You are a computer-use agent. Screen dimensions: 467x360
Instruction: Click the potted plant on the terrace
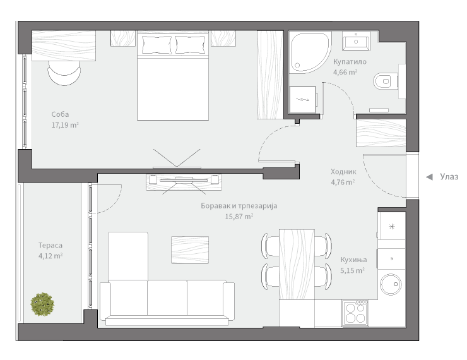pyautogui.click(x=42, y=304)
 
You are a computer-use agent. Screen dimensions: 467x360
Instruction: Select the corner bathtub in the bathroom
pyautogui.click(x=310, y=53)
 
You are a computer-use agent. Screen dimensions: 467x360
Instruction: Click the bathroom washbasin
pyautogui.click(x=356, y=41)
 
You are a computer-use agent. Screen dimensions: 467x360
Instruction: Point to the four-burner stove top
pyautogui.click(x=355, y=313)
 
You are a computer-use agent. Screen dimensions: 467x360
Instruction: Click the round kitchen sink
pyautogui.click(x=391, y=285)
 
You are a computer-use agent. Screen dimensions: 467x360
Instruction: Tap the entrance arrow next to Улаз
pyautogui.click(x=429, y=177)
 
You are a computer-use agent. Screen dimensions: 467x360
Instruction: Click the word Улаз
pyautogui.click(x=449, y=177)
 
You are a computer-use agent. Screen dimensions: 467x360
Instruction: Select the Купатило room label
pyautogui.click(x=350, y=62)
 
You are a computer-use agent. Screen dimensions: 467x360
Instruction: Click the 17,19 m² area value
pyautogui.click(x=65, y=125)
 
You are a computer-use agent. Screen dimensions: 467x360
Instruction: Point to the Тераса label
pyautogui.click(x=50, y=245)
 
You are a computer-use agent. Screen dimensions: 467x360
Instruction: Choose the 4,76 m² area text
pyautogui.click(x=343, y=182)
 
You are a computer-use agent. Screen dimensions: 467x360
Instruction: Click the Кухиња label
pyautogui.click(x=353, y=260)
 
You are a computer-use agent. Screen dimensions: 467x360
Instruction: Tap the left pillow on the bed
pyautogui.click(x=157, y=45)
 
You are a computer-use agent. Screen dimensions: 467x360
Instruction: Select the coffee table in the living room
pyautogui.click(x=190, y=249)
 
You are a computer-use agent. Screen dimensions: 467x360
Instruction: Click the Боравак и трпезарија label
pyautogui.click(x=239, y=206)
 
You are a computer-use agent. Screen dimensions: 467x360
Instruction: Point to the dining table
pyautogui.click(x=297, y=265)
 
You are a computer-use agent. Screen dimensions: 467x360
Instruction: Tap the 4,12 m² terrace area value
pyautogui.click(x=50, y=256)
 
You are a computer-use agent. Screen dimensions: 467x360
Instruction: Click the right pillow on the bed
pyautogui.click(x=190, y=45)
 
